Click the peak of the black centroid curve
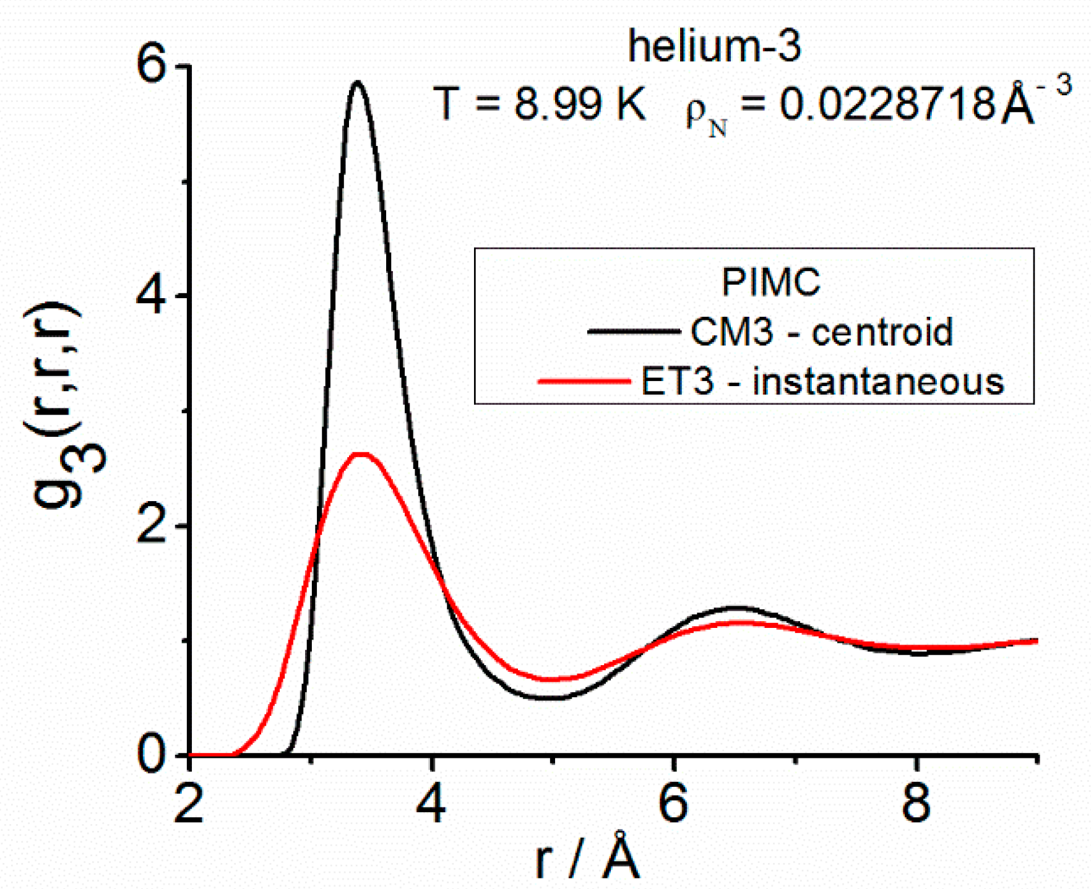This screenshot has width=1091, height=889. (358, 82)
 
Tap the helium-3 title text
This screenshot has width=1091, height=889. (715, 46)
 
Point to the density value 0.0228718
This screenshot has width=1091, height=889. (886, 103)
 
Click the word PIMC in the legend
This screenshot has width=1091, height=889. (770, 282)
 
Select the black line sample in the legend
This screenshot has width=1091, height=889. (632, 332)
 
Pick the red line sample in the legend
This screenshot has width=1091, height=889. (584, 381)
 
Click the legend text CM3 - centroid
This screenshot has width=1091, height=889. (821, 332)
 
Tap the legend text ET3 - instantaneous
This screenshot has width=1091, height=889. (822, 381)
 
